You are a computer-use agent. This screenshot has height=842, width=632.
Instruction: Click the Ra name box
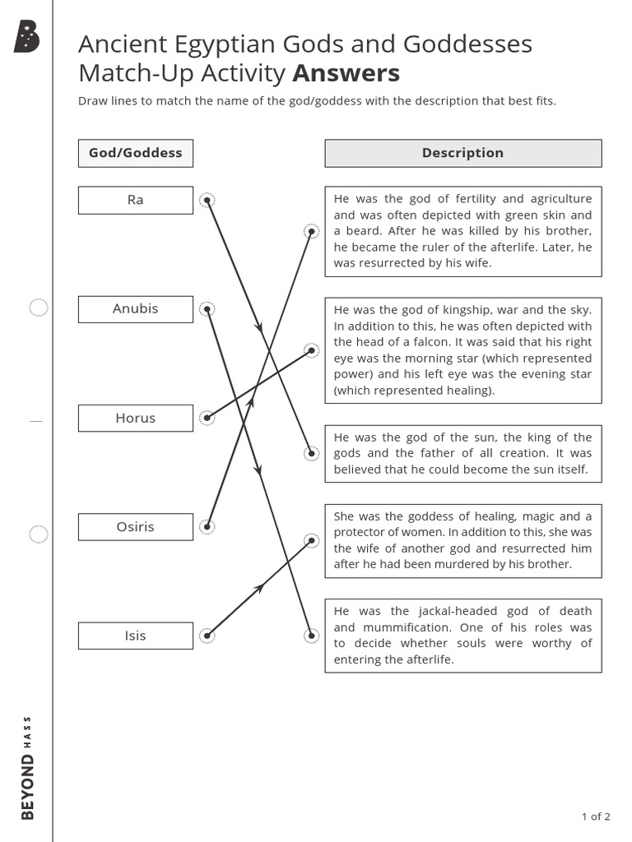click(x=136, y=200)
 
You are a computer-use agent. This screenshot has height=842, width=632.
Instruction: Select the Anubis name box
click(x=136, y=309)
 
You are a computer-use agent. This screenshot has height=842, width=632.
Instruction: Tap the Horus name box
click(x=136, y=418)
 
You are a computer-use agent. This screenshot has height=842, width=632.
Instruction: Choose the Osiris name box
click(x=136, y=527)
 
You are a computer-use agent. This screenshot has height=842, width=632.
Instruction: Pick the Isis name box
click(x=136, y=636)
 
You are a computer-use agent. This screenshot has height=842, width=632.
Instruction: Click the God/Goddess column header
click(x=136, y=153)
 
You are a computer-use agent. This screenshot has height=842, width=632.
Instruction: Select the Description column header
click(x=462, y=153)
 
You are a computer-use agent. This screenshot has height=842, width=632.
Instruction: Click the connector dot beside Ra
click(x=207, y=200)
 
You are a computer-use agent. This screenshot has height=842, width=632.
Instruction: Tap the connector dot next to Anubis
click(x=207, y=309)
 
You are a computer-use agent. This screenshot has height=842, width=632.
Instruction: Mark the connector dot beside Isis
click(x=207, y=635)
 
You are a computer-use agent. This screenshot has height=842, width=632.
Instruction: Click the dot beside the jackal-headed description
click(x=311, y=635)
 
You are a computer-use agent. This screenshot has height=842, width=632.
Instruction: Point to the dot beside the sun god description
click(x=311, y=452)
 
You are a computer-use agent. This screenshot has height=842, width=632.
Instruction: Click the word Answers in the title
click(x=346, y=73)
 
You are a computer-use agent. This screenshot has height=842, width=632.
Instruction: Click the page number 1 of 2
click(x=595, y=817)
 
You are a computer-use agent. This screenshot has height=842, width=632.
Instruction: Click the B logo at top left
click(x=26, y=38)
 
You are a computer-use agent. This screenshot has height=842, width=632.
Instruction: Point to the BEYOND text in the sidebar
click(x=28, y=787)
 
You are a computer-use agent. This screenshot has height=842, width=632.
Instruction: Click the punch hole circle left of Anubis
click(x=39, y=308)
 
